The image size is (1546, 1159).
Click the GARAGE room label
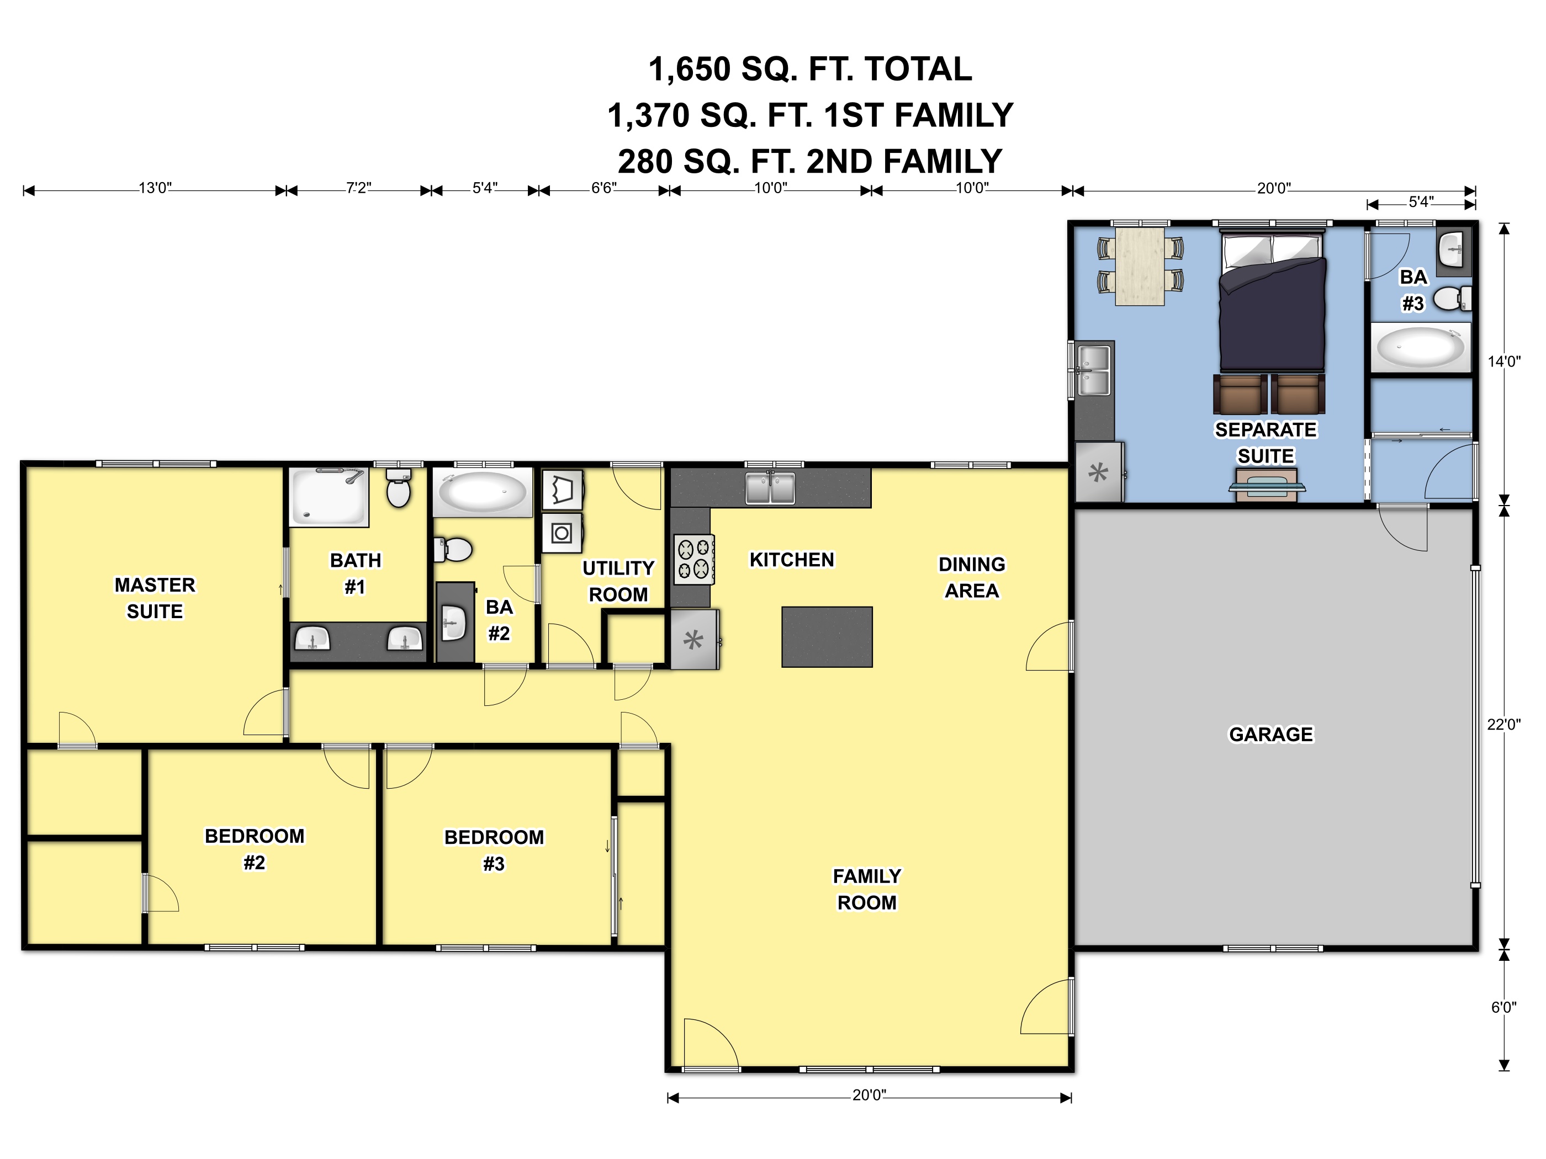point(1270,734)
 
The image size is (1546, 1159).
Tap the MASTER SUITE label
point(155,598)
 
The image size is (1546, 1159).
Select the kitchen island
point(827,636)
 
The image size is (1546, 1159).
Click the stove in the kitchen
point(694,559)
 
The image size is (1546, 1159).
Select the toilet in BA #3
point(1452,300)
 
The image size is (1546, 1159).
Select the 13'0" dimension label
point(155,188)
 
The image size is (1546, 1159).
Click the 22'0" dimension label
point(1503,725)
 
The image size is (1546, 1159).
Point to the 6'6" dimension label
point(604,188)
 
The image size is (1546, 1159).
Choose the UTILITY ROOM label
point(618,581)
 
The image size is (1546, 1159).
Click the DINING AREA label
point(971,577)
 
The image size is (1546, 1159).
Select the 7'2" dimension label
point(358,188)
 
